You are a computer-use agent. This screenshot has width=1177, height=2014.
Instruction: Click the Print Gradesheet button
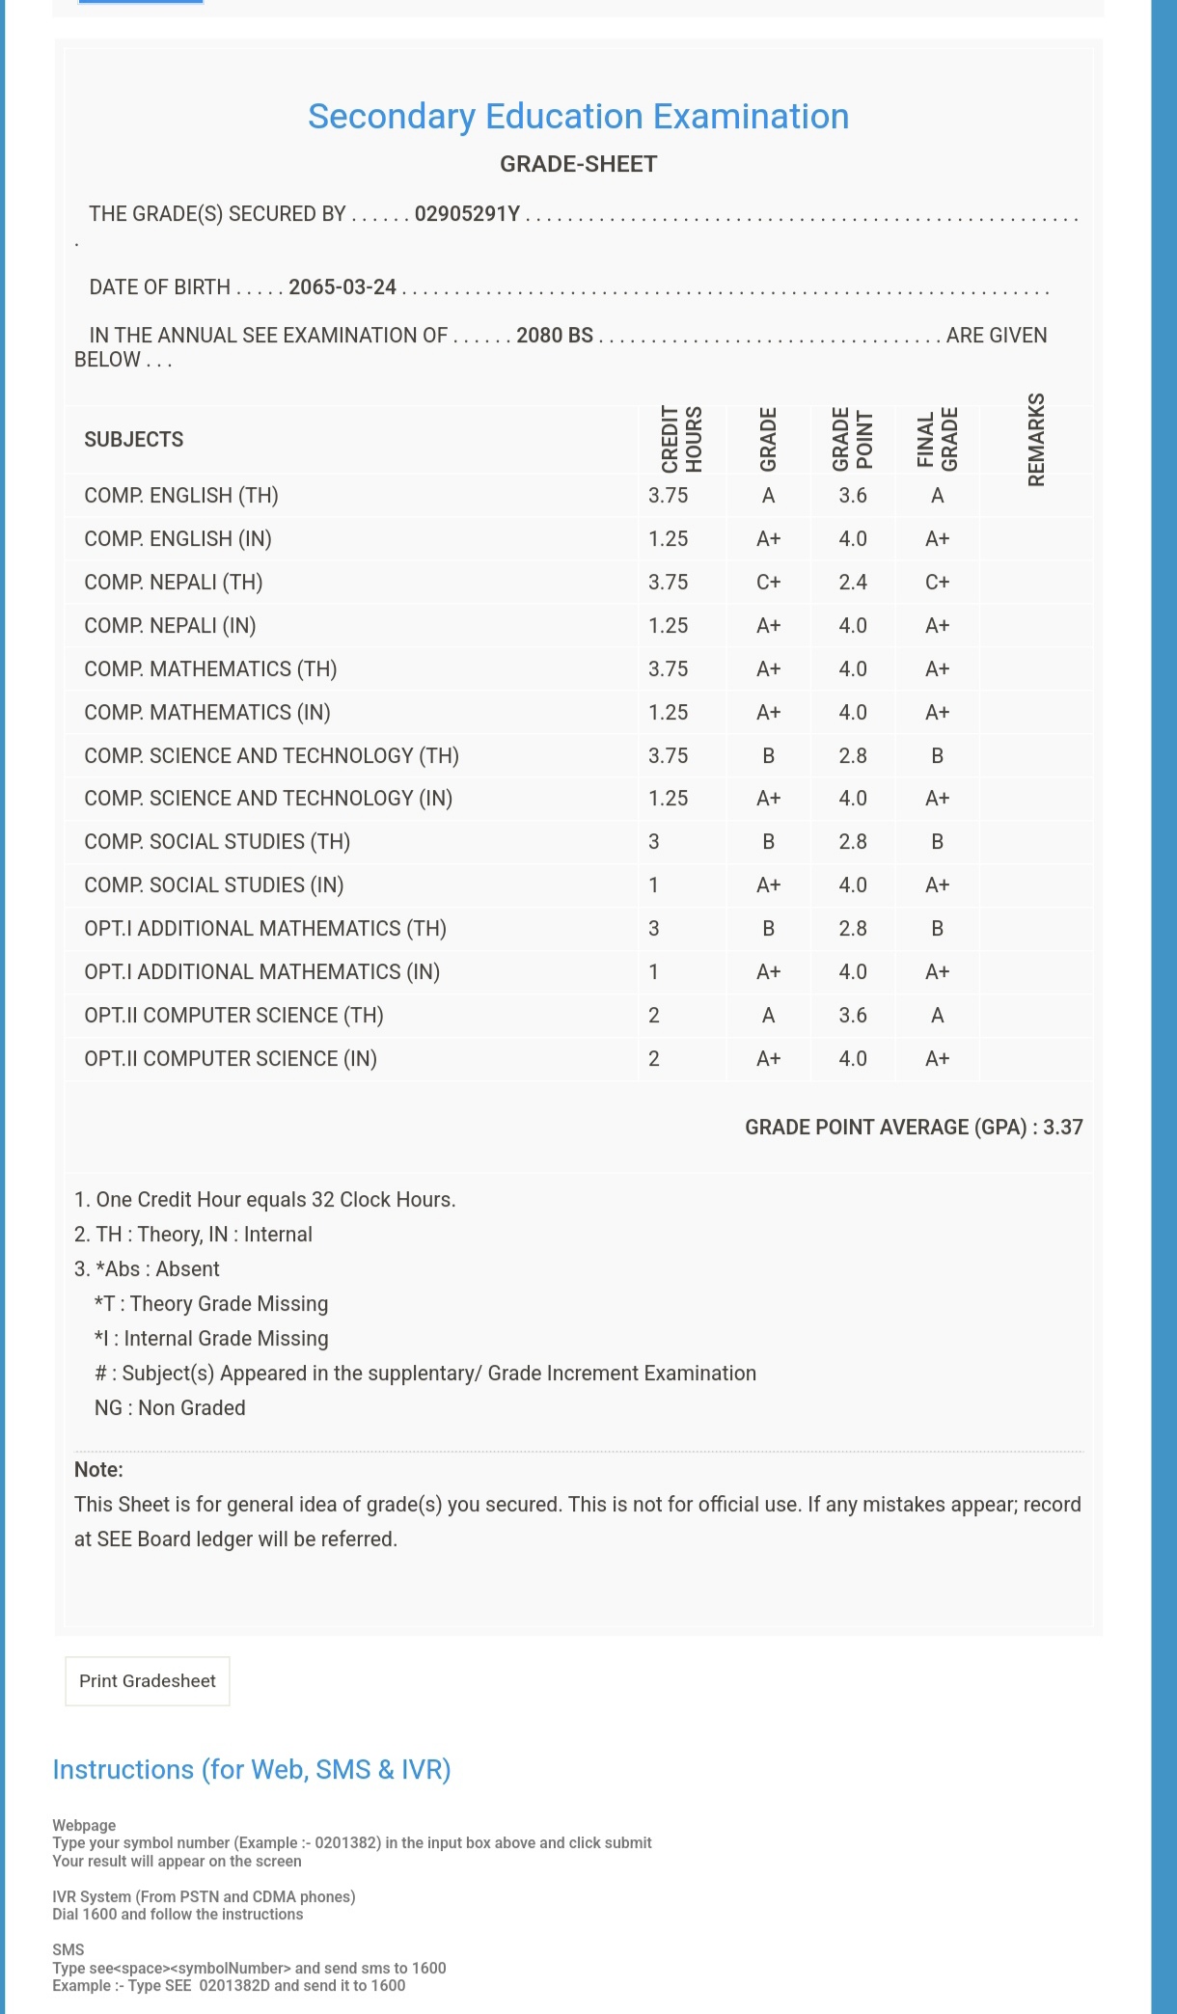(148, 1681)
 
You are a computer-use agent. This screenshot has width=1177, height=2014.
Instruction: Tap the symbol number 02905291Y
(467, 214)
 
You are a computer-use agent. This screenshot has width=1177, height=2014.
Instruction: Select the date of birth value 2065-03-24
(342, 287)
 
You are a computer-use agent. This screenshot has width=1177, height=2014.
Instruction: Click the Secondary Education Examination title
(578, 117)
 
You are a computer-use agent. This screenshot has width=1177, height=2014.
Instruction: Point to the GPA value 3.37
(1062, 1128)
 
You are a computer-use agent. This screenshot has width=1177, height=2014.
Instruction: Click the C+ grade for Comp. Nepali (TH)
(768, 583)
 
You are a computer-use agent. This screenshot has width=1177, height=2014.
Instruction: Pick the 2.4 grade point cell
(853, 583)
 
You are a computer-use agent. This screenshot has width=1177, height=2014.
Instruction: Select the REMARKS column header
(1036, 440)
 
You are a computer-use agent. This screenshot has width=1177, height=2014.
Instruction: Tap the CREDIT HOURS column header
(681, 440)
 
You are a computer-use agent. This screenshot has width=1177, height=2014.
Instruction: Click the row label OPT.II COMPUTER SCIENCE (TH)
(233, 1016)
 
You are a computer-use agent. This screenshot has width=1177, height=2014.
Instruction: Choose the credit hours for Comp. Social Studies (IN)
(654, 885)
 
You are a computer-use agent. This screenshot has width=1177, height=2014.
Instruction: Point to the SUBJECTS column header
(133, 440)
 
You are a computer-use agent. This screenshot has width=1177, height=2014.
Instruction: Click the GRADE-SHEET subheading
(578, 164)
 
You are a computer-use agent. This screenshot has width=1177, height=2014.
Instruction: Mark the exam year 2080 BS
(555, 336)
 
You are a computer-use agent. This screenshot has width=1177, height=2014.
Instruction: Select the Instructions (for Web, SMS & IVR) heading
(252, 1770)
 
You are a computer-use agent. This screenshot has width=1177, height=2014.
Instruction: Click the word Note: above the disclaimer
(98, 1470)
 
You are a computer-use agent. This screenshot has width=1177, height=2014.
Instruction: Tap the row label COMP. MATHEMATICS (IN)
(207, 713)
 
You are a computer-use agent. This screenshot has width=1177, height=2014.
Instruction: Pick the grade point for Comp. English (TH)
(853, 496)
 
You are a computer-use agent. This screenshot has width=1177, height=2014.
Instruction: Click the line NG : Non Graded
(170, 1408)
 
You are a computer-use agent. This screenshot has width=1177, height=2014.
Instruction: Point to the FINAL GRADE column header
(937, 440)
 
